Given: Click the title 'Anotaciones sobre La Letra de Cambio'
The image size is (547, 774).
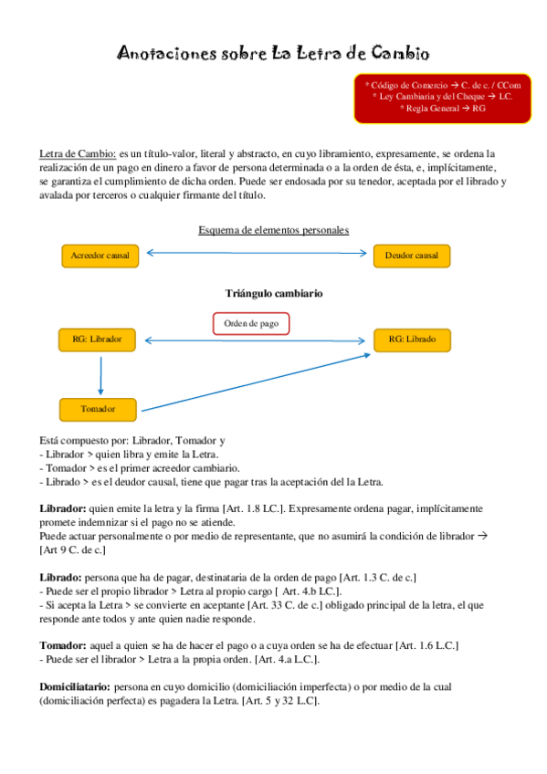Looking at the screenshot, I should (x=273, y=55).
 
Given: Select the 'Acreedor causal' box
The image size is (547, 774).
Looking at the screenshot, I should (x=100, y=256).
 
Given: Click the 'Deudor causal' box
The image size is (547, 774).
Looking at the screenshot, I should (x=412, y=256).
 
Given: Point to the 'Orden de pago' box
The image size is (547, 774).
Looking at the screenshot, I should (x=251, y=323).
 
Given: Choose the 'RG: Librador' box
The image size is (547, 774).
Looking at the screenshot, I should (x=97, y=340).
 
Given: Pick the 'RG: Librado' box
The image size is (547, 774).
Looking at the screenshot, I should (x=412, y=340).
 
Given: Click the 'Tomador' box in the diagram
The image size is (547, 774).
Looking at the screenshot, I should (x=97, y=409).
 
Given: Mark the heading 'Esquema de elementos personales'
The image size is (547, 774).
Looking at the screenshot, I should (x=274, y=230).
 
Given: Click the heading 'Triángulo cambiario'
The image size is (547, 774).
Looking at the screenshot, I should (x=273, y=294).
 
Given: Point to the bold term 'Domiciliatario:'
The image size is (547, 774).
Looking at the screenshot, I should (x=75, y=685).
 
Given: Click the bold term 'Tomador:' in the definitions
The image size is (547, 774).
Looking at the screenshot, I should (x=63, y=644).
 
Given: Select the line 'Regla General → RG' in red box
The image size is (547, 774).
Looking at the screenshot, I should (x=442, y=109).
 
